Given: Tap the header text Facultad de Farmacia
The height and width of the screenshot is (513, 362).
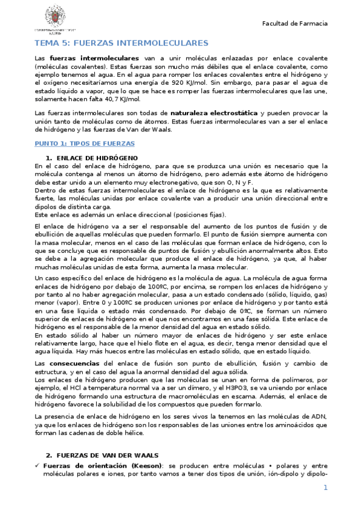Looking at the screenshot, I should click(x=294, y=23).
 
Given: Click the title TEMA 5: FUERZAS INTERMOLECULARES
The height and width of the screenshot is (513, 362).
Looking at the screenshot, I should click(x=121, y=43).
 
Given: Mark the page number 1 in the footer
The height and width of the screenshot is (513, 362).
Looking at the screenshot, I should click(x=325, y=488).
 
